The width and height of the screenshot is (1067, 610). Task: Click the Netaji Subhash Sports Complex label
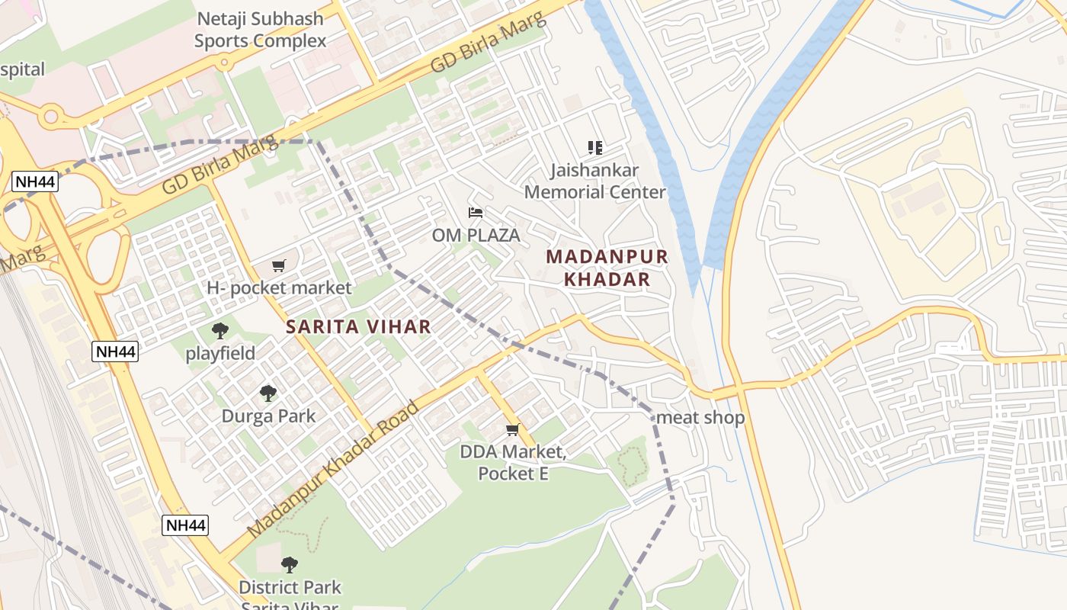click(x=260, y=30)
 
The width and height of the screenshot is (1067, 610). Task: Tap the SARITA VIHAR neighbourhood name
click(x=358, y=327)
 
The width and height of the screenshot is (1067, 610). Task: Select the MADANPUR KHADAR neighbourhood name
click(x=607, y=268)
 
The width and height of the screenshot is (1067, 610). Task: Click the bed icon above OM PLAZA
click(x=476, y=213)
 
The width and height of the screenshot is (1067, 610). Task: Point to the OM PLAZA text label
click(x=476, y=236)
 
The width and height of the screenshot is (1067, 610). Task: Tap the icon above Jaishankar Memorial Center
click(x=594, y=147)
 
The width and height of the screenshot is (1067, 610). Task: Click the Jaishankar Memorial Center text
click(x=594, y=181)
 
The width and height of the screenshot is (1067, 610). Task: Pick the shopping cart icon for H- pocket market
click(x=279, y=266)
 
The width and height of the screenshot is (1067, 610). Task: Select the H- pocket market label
click(x=279, y=288)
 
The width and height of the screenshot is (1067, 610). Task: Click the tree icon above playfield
click(x=220, y=331)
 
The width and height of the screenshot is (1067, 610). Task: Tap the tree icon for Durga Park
click(x=268, y=393)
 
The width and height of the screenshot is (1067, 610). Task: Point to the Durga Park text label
click(x=268, y=416)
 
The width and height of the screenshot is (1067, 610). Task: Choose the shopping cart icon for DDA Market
click(x=513, y=430)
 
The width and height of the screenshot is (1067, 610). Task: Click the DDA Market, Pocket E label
click(x=513, y=463)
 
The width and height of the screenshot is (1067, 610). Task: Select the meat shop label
click(x=700, y=418)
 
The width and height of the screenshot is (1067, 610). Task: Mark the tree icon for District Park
click(x=289, y=565)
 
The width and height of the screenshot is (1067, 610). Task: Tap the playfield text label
click(x=220, y=354)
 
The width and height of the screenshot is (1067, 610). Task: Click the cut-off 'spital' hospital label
click(x=22, y=69)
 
